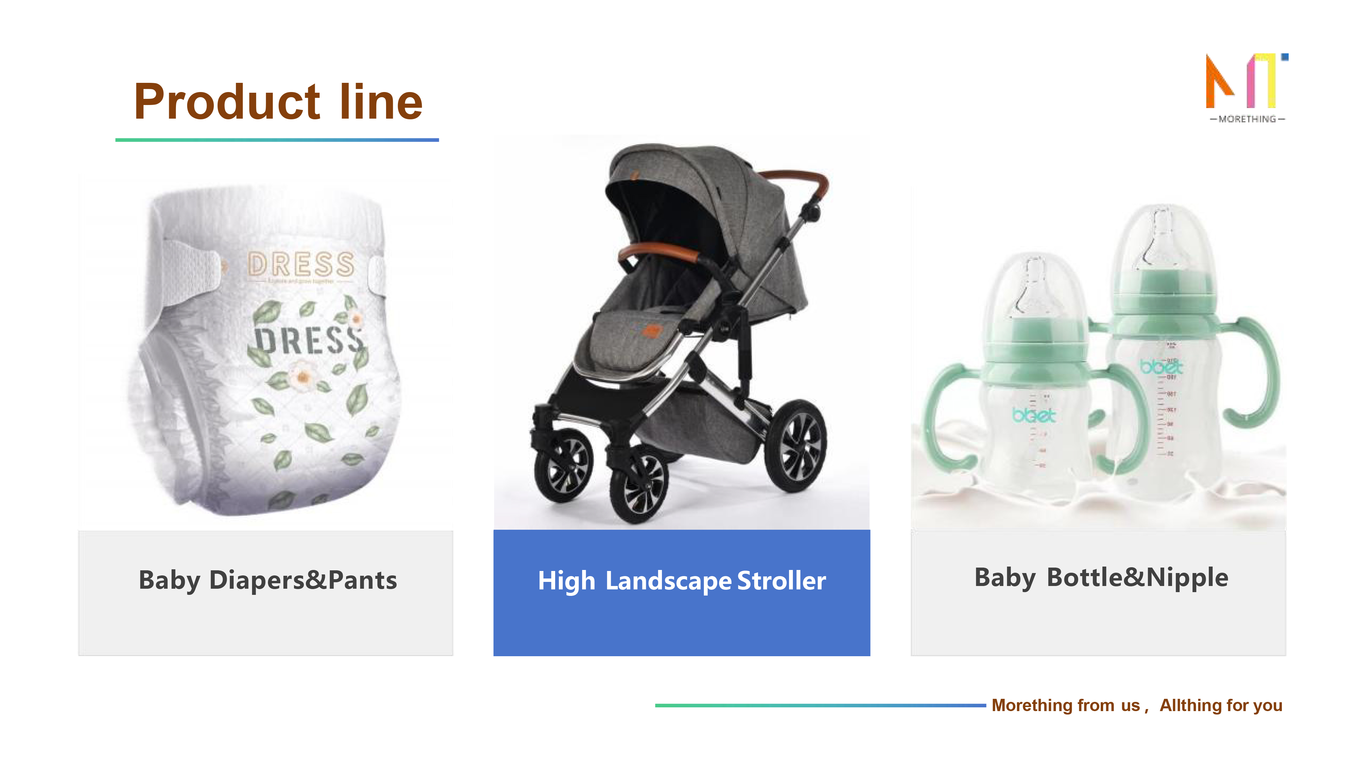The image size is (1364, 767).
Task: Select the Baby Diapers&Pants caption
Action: pyautogui.click(x=267, y=580)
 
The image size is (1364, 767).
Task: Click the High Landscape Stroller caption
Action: pyautogui.click(x=681, y=581)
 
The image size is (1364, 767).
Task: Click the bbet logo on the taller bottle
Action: pyautogui.click(x=1161, y=367)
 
